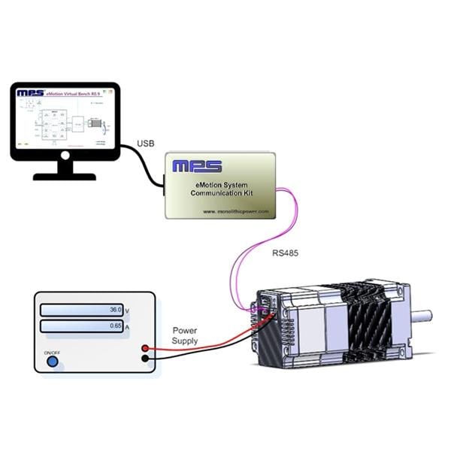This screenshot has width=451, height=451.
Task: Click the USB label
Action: [x=147, y=143]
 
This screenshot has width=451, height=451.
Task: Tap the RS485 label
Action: [x=286, y=254]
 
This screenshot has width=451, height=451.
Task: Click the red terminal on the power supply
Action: [x=144, y=348]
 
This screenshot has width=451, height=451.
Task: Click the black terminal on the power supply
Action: [x=144, y=359]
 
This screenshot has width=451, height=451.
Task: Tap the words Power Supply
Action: [x=185, y=336]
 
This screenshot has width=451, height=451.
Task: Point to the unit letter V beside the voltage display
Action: [x=127, y=310]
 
